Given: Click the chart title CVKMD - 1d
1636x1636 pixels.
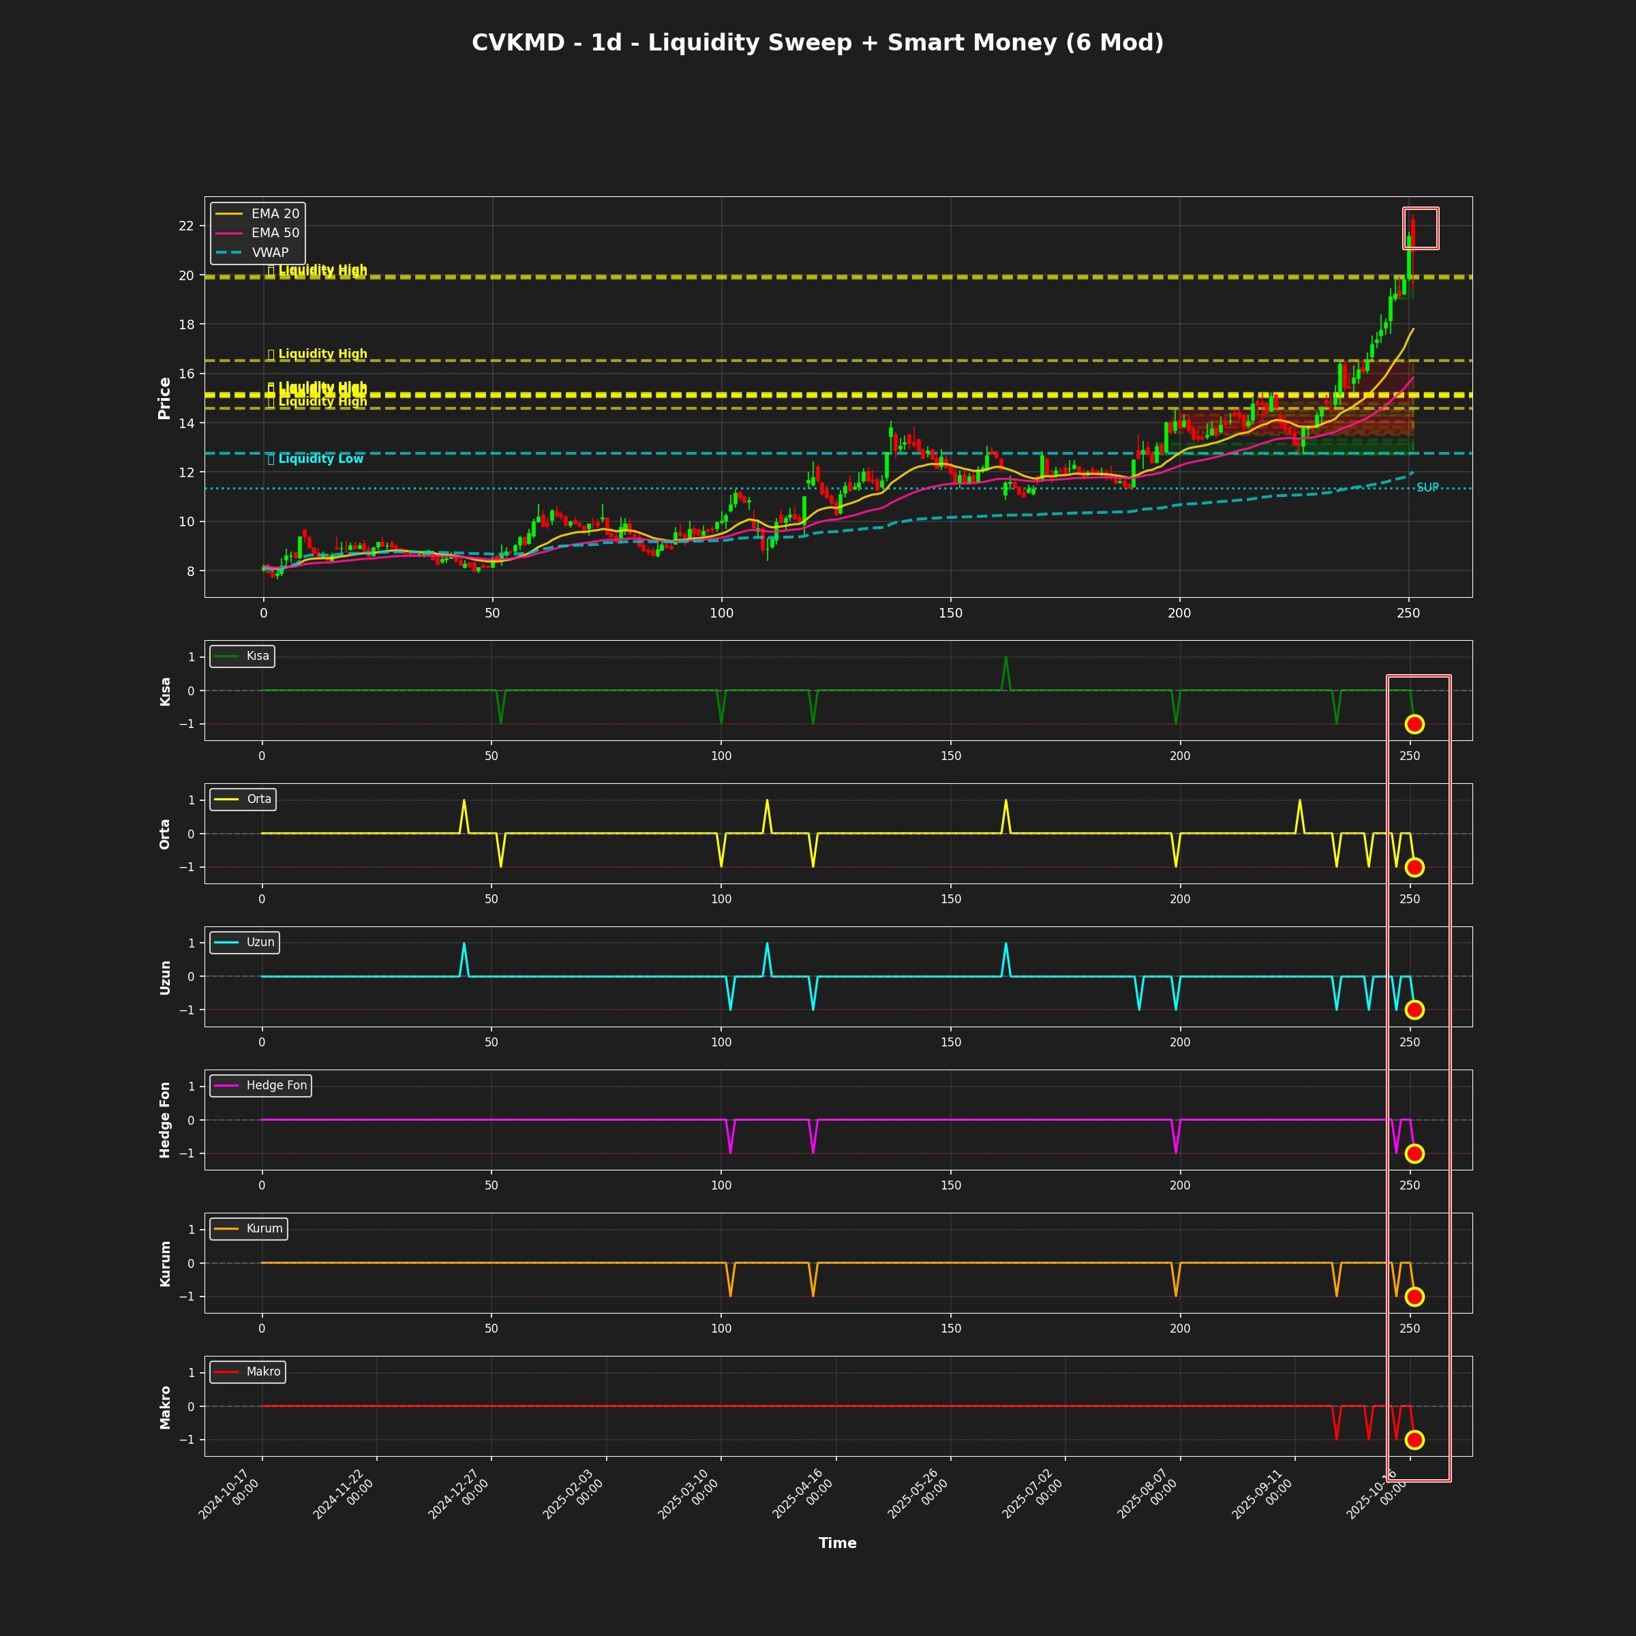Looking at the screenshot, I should [x=817, y=43].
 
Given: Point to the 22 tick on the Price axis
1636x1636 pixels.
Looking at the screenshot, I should [x=185, y=226].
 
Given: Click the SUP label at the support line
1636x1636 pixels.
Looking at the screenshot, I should [x=1427, y=488].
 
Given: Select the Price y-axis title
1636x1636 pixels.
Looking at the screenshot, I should [x=164, y=398].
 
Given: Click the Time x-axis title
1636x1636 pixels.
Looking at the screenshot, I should [x=836, y=1543].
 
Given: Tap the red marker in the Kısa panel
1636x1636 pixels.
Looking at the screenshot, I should [x=1414, y=724].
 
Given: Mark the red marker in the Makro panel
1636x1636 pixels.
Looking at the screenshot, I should [x=1414, y=1440].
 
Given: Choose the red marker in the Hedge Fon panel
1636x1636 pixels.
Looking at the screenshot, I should [x=1414, y=1153].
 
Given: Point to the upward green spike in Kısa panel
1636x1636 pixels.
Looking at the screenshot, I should [x=1005, y=658].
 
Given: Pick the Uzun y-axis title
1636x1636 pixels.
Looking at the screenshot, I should [x=165, y=978].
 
